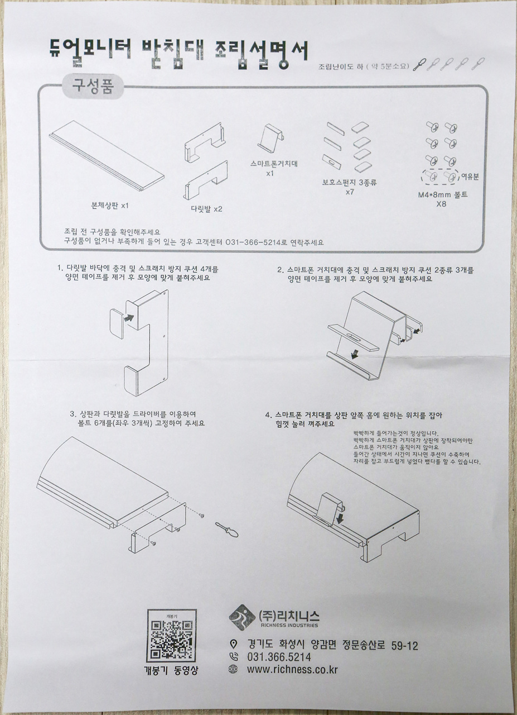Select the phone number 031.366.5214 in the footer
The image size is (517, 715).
(x=278, y=657)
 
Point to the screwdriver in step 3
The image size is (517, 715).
(x=226, y=528)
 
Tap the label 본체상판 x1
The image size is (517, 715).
(x=110, y=205)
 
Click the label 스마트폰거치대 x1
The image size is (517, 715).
(x=274, y=169)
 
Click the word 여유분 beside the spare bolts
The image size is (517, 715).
(x=470, y=176)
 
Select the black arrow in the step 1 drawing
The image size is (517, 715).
(x=129, y=317)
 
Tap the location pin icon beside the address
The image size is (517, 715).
(x=234, y=645)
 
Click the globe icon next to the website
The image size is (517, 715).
(x=234, y=669)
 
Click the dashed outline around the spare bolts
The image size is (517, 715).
(x=440, y=177)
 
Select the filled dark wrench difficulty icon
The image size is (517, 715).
(x=421, y=65)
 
